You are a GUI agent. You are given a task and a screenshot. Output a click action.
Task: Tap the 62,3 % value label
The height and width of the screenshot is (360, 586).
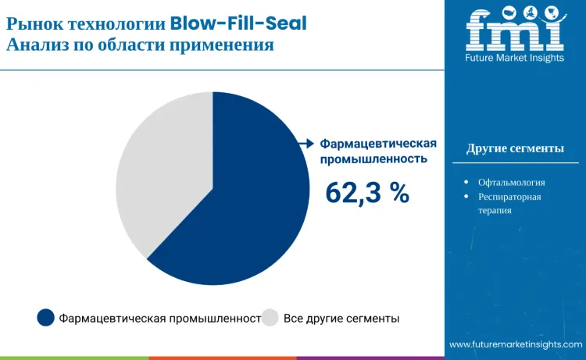tap(367, 193)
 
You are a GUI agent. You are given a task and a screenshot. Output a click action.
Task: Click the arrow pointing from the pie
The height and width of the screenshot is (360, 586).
tap(306, 143)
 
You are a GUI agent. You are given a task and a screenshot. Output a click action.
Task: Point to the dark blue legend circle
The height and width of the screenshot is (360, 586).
tap(46, 318)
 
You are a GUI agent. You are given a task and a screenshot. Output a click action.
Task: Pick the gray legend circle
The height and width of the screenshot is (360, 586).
tap(270, 318)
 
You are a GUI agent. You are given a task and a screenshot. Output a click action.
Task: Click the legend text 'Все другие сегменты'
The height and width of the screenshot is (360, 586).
tap(341, 319)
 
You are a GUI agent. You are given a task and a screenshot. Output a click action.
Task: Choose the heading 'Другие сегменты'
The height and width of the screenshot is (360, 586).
tap(515, 148)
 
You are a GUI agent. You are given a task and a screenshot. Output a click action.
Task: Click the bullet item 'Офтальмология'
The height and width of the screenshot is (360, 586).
tap(511, 182)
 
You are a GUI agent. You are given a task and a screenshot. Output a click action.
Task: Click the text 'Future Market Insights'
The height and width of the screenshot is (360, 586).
tap(515, 59)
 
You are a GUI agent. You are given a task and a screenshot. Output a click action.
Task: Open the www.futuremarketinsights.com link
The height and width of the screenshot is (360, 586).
tap(515, 344)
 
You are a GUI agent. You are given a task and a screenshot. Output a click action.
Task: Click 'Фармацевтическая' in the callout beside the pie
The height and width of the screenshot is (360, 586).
tap(378, 144)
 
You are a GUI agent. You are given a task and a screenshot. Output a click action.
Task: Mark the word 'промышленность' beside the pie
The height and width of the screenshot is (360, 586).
tap(374, 159)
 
